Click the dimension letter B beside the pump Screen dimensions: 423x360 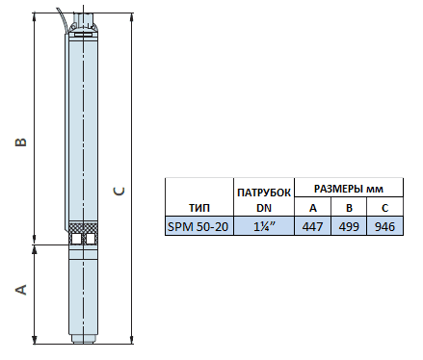tap(21, 142)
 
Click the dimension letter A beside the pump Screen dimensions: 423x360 tap(21, 290)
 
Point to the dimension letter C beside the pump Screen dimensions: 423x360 tap(119, 192)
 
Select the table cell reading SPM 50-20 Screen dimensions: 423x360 tap(198, 226)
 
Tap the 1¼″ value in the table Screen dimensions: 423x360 tap(264, 226)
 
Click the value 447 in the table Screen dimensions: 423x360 tap(312, 226)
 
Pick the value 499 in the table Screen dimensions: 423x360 tap(349, 226)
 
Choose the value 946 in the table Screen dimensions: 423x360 tap(384, 226)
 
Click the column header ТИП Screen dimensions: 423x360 tap(199, 208)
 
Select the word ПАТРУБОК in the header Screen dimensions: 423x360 tap(264, 193)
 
